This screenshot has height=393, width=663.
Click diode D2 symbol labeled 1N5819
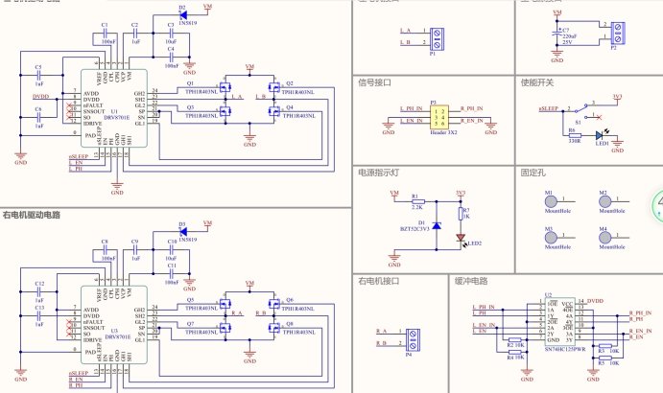(x=182, y=15)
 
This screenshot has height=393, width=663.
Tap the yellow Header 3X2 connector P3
(x=440, y=118)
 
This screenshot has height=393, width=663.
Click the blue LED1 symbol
(x=601, y=137)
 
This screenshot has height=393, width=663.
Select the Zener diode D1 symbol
(x=438, y=224)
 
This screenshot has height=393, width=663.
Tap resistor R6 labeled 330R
(x=574, y=133)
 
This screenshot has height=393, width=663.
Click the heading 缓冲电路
(x=470, y=282)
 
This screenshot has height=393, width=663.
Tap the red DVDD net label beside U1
(x=40, y=97)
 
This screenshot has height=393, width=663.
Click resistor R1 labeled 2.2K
(x=415, y=201)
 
